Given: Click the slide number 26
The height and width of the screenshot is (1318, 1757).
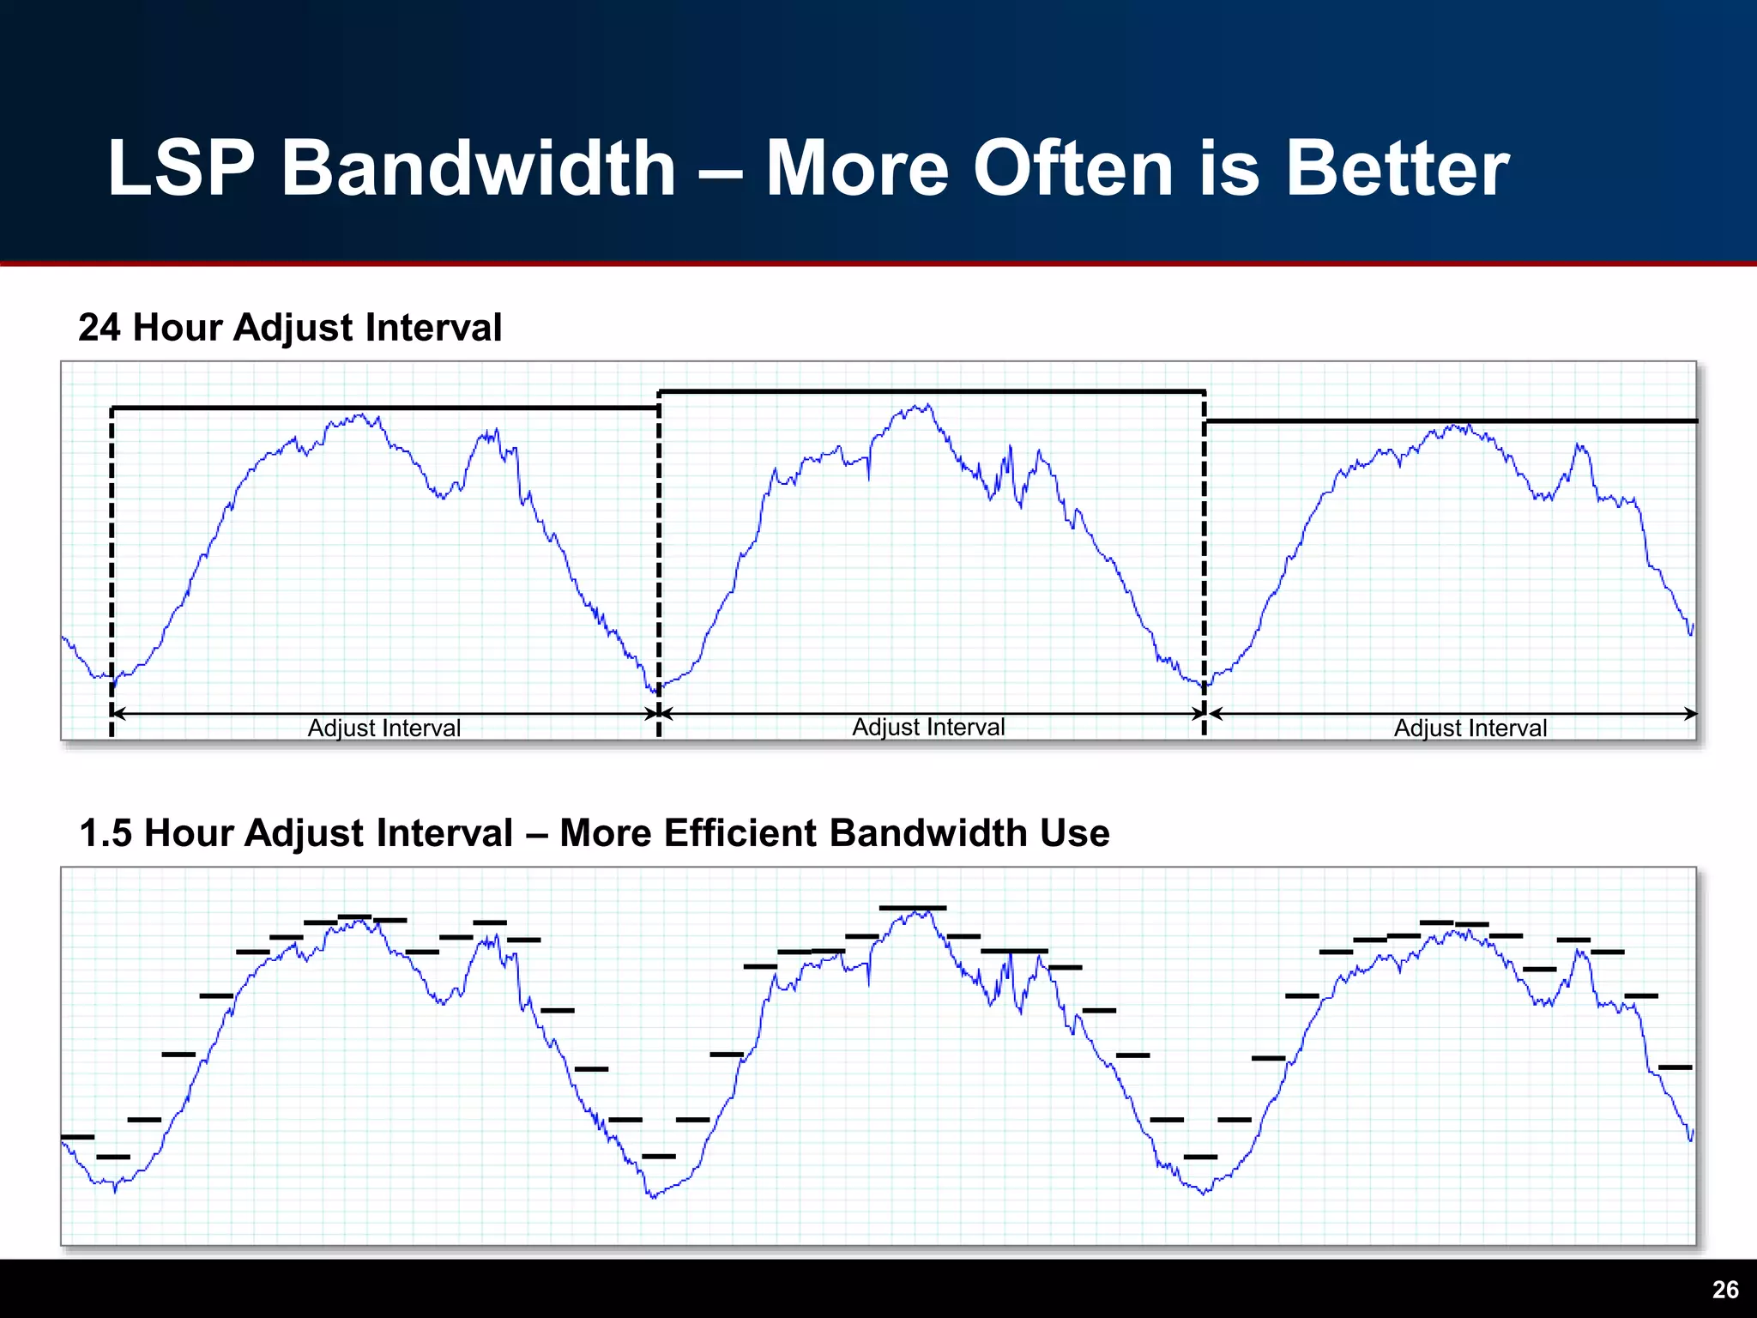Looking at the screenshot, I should (x=1724, y=1290).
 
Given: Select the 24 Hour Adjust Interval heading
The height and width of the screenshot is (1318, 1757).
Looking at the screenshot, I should (x=290, y=328).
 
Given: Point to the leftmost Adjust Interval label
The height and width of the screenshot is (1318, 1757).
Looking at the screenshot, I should (x=383, y=729).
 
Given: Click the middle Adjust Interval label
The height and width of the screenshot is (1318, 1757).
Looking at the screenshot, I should (x=928, y=728).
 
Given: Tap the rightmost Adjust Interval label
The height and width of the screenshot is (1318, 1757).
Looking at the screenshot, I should (x=1470, y=729).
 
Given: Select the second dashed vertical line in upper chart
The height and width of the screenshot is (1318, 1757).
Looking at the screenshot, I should (x=659, y=558).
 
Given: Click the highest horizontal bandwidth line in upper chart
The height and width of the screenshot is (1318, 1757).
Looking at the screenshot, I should (x=931, y=392).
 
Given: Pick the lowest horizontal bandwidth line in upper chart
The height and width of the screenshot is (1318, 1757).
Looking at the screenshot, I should (x=1450, y=421).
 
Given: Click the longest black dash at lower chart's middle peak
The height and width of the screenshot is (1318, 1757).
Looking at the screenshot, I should (x=912, y=908).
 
